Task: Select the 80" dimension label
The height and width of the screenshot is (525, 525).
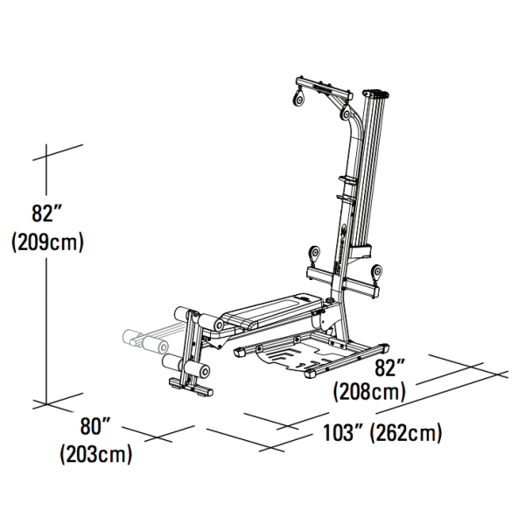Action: point(95,428)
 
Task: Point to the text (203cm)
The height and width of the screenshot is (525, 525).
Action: point(96,455)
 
